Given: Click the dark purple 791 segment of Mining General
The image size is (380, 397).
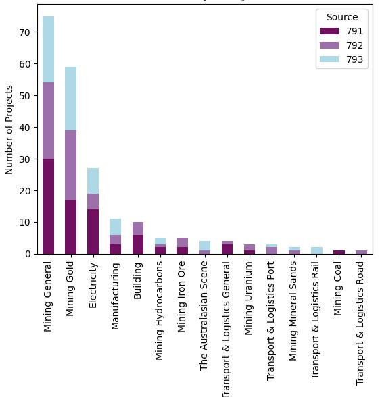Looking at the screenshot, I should [48, 206].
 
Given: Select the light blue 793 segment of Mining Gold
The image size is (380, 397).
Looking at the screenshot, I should [70, 99].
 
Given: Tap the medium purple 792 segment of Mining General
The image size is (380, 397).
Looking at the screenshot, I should [48, 121].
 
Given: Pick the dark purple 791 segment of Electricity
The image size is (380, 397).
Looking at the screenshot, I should [93, 232].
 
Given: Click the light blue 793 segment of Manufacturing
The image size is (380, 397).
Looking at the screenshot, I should [115, 227].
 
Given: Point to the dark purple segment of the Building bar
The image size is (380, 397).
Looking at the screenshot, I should [137, 244].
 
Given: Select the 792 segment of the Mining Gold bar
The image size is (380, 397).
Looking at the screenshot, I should [70, 165].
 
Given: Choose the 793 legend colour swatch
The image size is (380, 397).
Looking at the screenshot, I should [330, 59].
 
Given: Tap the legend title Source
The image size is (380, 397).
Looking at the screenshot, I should [341, 17].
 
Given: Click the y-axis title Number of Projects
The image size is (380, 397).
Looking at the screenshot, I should [9, 130].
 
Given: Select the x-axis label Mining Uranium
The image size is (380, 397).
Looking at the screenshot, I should [250, 298].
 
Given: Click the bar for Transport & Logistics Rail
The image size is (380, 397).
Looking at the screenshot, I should [316, 250].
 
